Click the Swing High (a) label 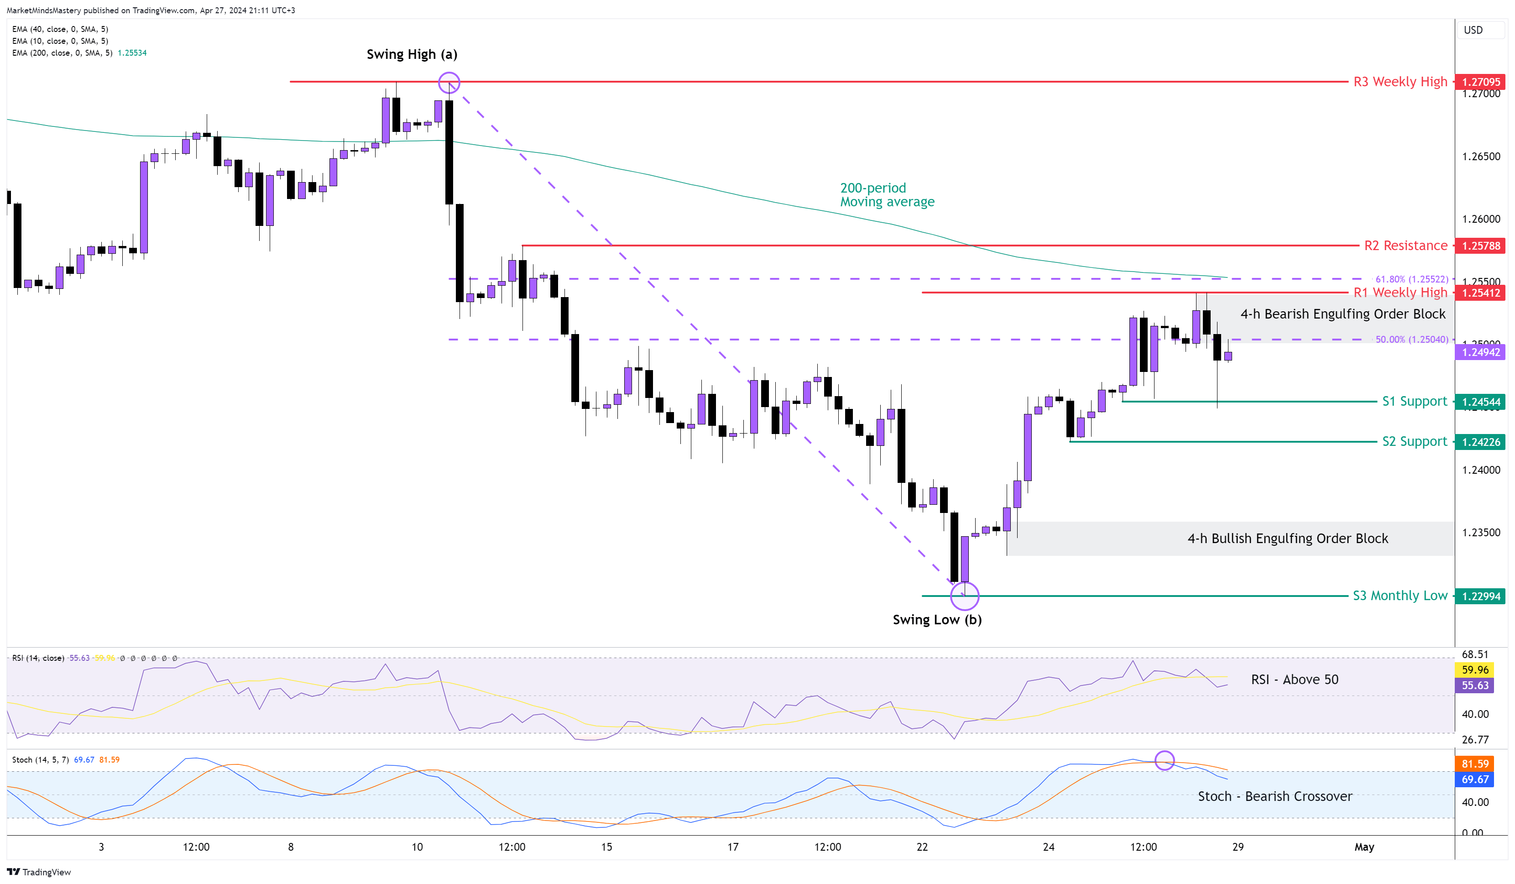click(x=412, y=54)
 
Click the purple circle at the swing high click(x=449, y=83)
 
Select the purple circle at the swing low click(x=964, y=596)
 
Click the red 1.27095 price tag click(x=1481, y=82)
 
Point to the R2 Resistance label click(x=1405, y=246)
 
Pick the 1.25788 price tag click(x=1481, y=246)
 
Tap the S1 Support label click(x=1414, y=401)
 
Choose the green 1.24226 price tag click(x=1481, y=442)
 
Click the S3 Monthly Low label click(x=1400, y=596)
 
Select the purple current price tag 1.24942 click(x=1481, y=352)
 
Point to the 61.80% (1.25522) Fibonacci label click(x=1411, y=279)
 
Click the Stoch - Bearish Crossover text click(x=1275, y=796)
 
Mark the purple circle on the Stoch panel click(x=1165, y=760)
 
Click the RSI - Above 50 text click(x=1294, y=680)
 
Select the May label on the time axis click(x=1364, y=847)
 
